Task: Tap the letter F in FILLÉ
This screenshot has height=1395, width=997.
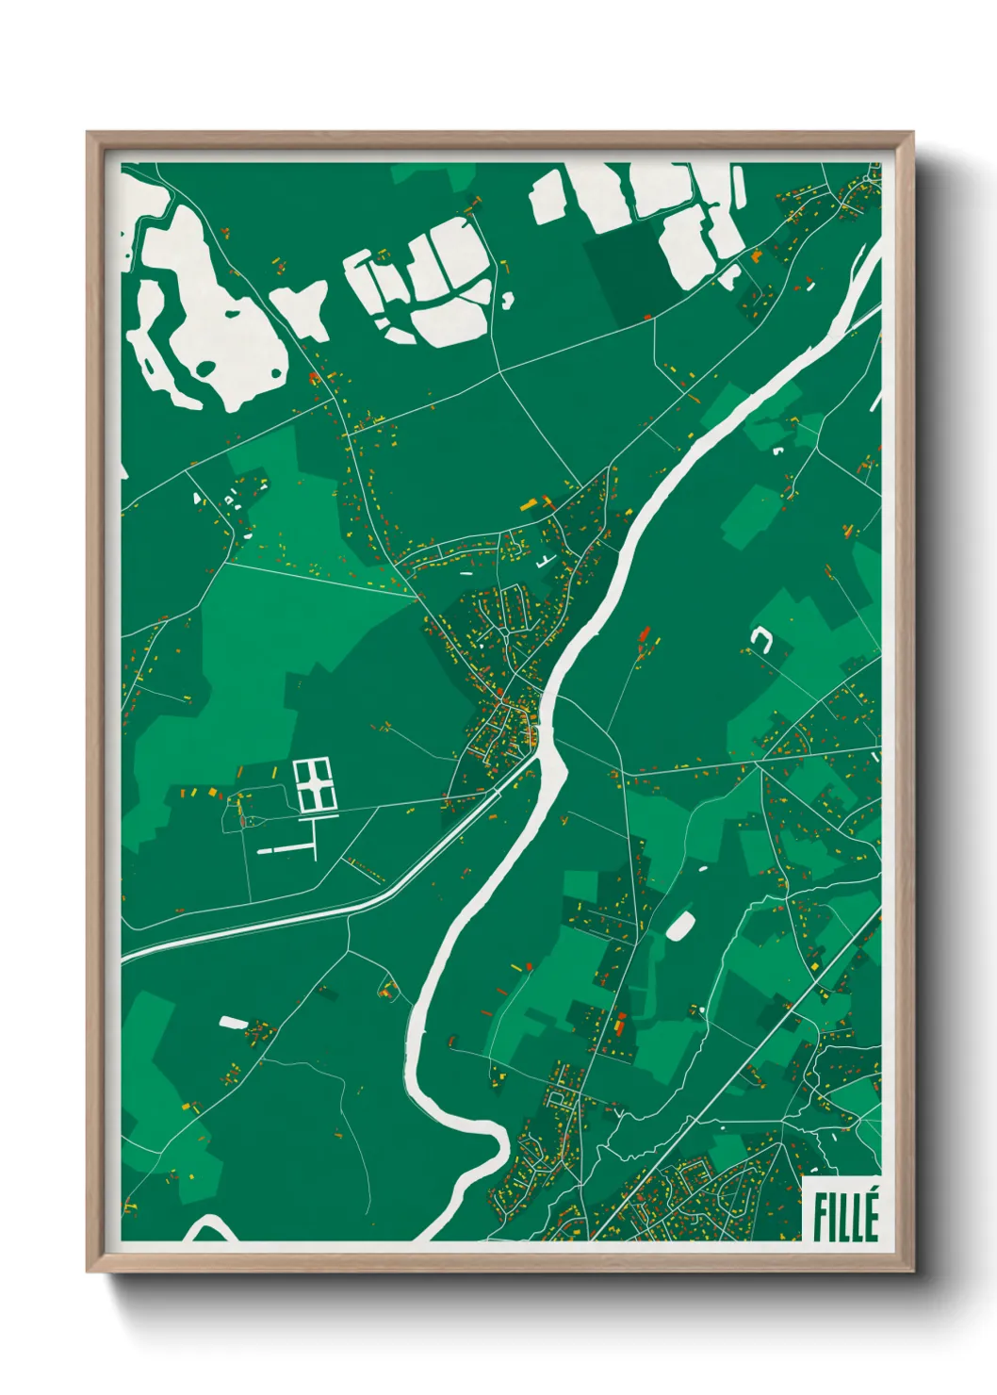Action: [819, 1217]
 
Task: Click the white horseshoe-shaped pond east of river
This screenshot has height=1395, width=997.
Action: [760, 641]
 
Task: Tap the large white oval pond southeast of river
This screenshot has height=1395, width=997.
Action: [680, 925]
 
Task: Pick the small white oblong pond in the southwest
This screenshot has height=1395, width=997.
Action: [232, 1022]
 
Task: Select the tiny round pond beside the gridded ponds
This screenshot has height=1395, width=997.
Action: [508, 302]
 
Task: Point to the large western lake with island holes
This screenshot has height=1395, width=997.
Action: [203, 320]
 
